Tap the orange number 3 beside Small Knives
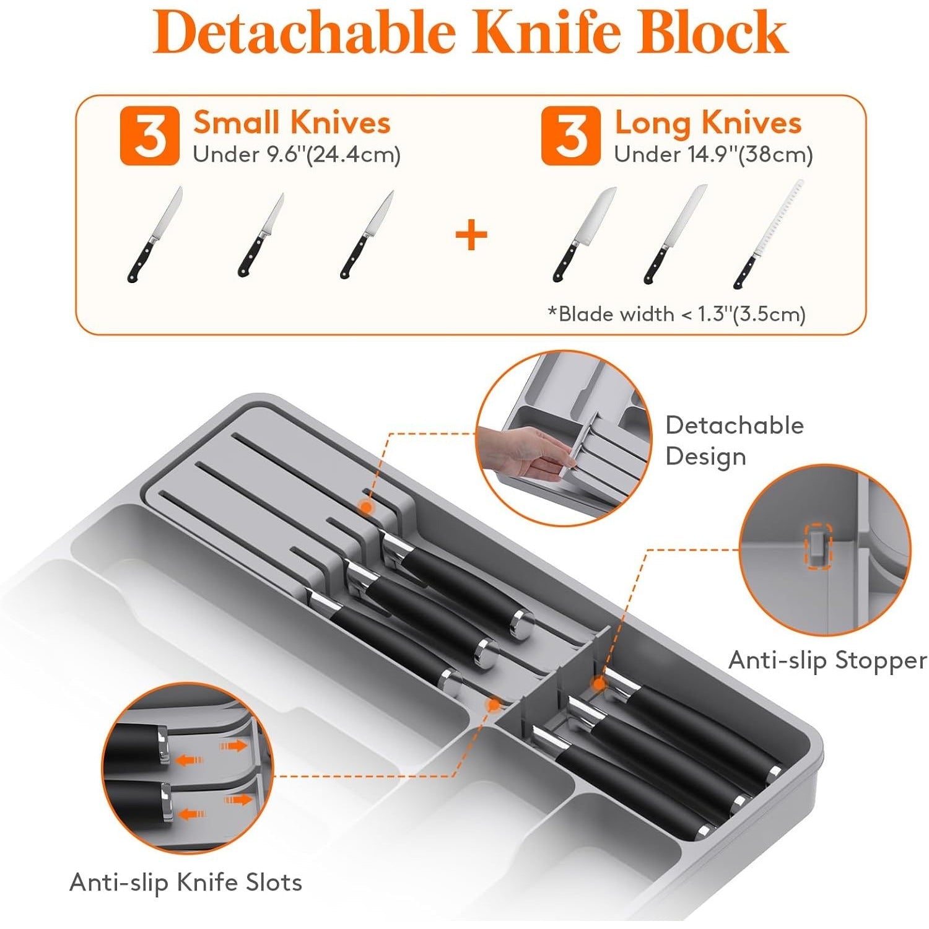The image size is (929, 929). pyautogui.click(x=149, y=136)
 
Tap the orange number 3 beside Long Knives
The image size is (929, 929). pyautogui.click(x=570, y=136)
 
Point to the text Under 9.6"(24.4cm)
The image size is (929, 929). pyautogui.click(x=297, y=154)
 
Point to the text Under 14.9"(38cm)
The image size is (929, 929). pyautogui.click(x=713, y=154)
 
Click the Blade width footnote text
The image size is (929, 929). pyautogui.click(x=676, y=314)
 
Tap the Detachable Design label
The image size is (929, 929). pyautogui.click(x=735, y=441)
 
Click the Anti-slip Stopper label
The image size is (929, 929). pyautogui.click(x=827, y=660)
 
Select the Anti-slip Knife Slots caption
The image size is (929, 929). pyautogui.click(x=186, y=882)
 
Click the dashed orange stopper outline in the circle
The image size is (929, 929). pyautogui.click(x=818, y=544)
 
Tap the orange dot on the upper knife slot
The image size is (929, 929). pyautogui.click(x=366, y=507)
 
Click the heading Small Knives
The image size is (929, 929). pyautogui.click(x=292, y=122)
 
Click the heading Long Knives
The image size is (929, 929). pyautogui.click(x=708, y=123)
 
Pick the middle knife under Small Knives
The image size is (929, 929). pyautogui.click(x=261, y=235)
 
